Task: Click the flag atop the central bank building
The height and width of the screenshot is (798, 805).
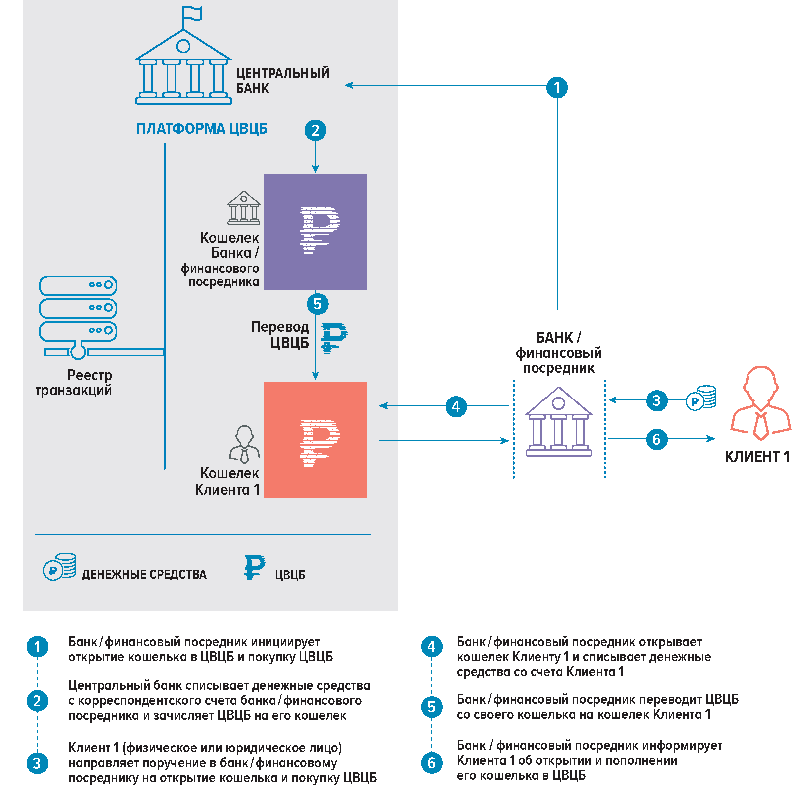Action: pyautogui.click(x=192, y=14)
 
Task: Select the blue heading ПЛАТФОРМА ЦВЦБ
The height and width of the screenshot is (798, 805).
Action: pyautogui.click(x=202, y=129)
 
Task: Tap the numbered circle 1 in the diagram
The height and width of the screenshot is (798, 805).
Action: pyautogui.click(x=557, y=88)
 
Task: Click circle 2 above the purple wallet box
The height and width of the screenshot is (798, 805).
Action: pyautogui.click(x=315, y=131)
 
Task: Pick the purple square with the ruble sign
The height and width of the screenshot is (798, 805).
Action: pyautogui.click(x=315, y=231)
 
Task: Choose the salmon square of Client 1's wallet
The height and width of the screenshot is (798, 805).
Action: pyautogui.click(x=315, y=440)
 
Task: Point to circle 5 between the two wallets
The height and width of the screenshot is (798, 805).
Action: pyautogui.click(x=318, y=304)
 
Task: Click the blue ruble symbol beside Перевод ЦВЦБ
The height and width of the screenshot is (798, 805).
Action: pyautogui.click(x=334, y=338)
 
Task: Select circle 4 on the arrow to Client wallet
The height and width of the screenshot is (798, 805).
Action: pyautogui.click(x=456, y=407)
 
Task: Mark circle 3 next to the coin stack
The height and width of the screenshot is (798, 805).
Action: pyautogui.click(x=656, y=400)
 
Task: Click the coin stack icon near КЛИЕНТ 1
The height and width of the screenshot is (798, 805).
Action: pyautogui.click(x=701, y=398)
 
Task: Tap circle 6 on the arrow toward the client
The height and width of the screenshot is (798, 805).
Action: pyautogui.click(x=656, y=439)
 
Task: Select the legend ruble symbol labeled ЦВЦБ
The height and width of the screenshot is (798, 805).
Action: pyautogui.click(x=254, y=567)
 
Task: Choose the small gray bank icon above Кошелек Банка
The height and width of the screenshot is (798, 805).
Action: pyautogui.click(x=244, y=207)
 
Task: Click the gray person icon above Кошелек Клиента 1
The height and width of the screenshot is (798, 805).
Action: pyautogui.click(x=244, y=444)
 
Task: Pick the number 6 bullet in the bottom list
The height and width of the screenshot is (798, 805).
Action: pyautogui.click(x=432, y=763)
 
